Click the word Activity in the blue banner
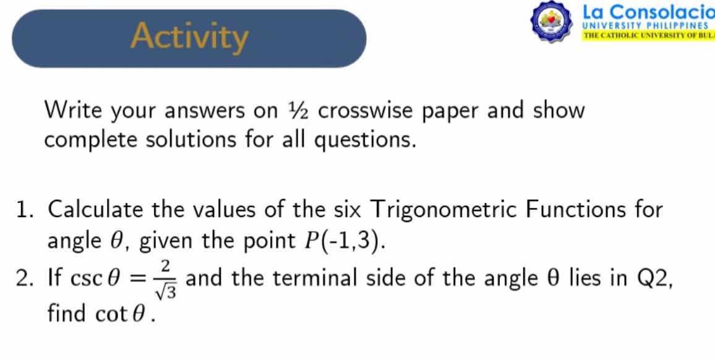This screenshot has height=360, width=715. tap(189, 36)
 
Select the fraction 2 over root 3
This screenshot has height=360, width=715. tap(166, 280)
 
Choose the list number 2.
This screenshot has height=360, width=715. tap(25, 280)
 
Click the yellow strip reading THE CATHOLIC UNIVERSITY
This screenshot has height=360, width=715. tap(648, 35)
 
